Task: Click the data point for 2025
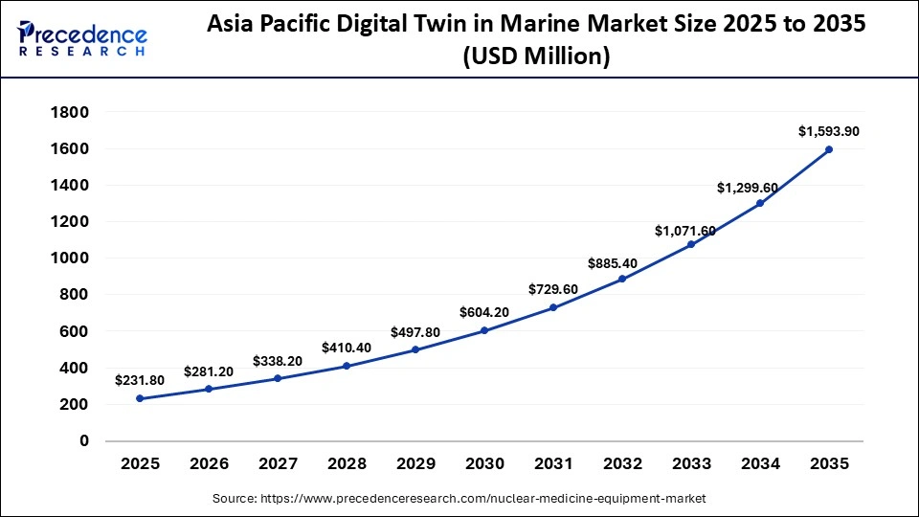click(x=140, y=398)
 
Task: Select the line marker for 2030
click(x=484, y=330)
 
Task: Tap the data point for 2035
click(x=829, y=149)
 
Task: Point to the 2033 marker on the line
click(x=691, y=244)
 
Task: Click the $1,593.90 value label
click(x=829, y=131)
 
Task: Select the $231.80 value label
click(x=140, y=380)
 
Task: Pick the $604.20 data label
click(x=484, y=312)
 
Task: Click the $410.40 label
click(x=347, y=348)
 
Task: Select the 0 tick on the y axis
click(x=83, y=441)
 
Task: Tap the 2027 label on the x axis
click(x=278, y=464)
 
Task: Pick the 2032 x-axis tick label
click(x=622, y=464)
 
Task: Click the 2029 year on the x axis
click(x=415, y=464)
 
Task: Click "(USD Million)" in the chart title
click(x=536, y=56)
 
